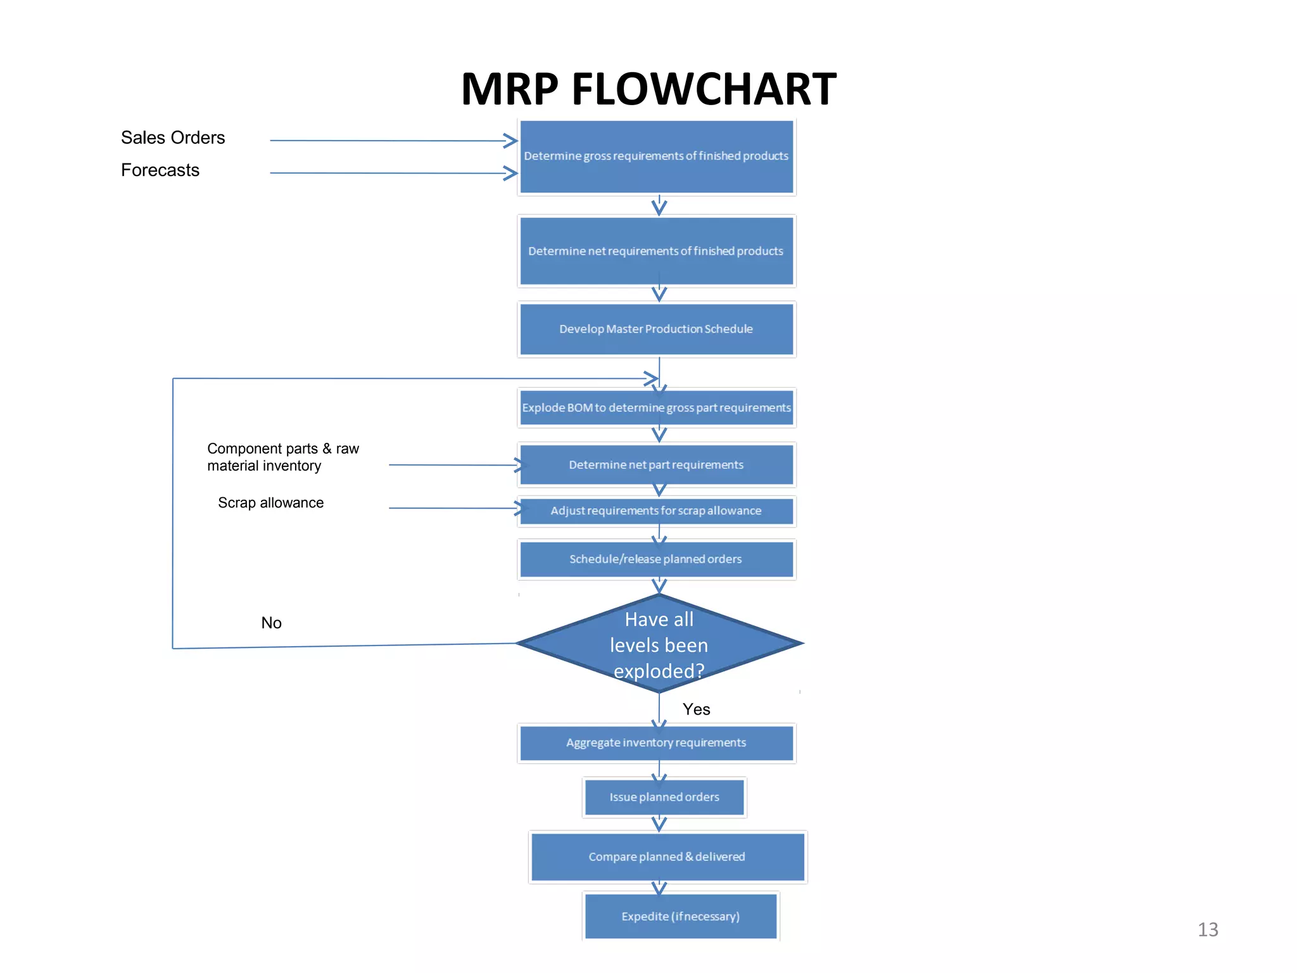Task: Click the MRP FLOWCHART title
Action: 648,89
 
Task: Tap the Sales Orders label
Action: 173,137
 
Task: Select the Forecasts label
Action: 160,170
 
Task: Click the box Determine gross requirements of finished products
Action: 656,156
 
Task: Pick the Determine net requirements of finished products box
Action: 656,251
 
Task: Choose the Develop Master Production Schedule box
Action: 656,329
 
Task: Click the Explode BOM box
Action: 656,407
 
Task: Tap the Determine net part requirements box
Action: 656,464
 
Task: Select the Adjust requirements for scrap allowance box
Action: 656,511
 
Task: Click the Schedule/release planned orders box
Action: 656,559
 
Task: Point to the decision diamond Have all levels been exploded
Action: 659,644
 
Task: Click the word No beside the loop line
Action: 271,623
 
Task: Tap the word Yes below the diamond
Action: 696,709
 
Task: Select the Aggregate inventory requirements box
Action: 656,742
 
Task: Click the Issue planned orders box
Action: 664,797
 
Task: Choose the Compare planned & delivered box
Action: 667,856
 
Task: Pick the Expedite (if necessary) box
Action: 680,916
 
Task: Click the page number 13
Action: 1208,929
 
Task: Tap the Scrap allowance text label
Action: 270,502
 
